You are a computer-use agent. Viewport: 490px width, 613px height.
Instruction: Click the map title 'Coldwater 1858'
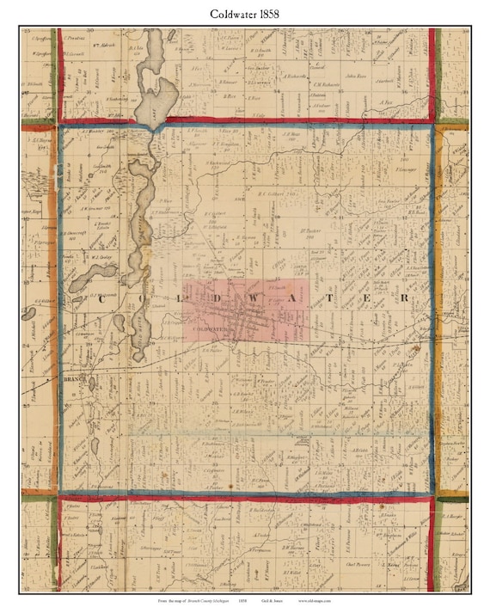click(245, 15)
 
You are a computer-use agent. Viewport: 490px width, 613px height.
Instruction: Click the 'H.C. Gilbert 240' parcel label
click(274, 193)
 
